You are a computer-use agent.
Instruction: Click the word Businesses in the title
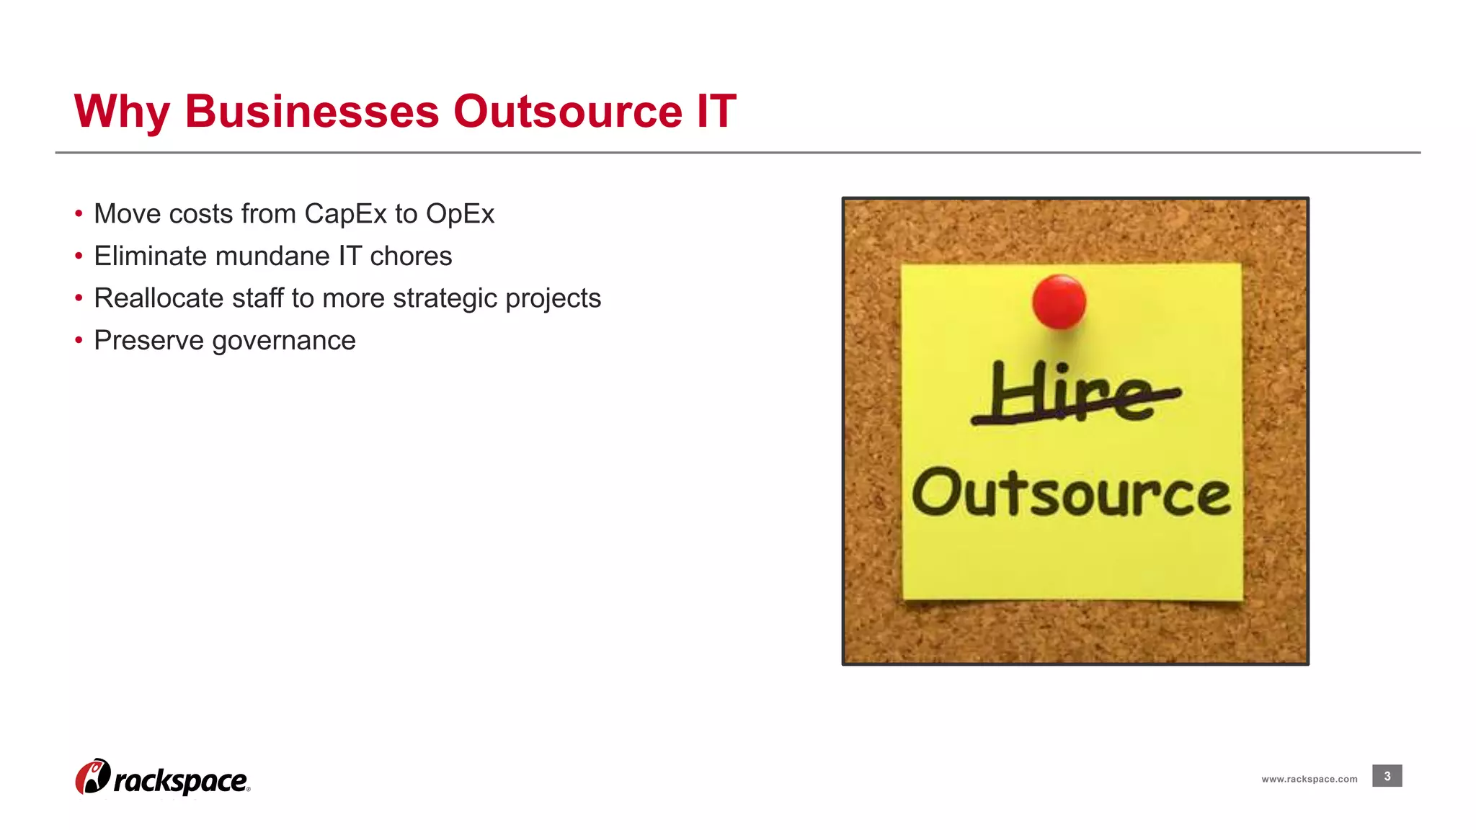click(311, 112)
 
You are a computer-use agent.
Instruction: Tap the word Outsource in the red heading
click(567, 112)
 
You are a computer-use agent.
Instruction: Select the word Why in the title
click(122, 113)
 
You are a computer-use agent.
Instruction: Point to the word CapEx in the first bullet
click(346, 215)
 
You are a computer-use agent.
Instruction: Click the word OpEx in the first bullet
click(460, 215)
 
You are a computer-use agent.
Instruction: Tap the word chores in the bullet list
click(411, 256)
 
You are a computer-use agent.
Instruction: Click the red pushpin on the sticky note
click(1059, 301)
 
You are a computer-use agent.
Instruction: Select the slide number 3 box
click(1387, 776)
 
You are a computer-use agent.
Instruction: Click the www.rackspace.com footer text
click(1309, 779)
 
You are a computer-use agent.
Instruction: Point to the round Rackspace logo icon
click(93, 777)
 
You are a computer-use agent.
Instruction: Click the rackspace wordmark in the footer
click(181, 781)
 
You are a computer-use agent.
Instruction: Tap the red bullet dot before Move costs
click(79, 214)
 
